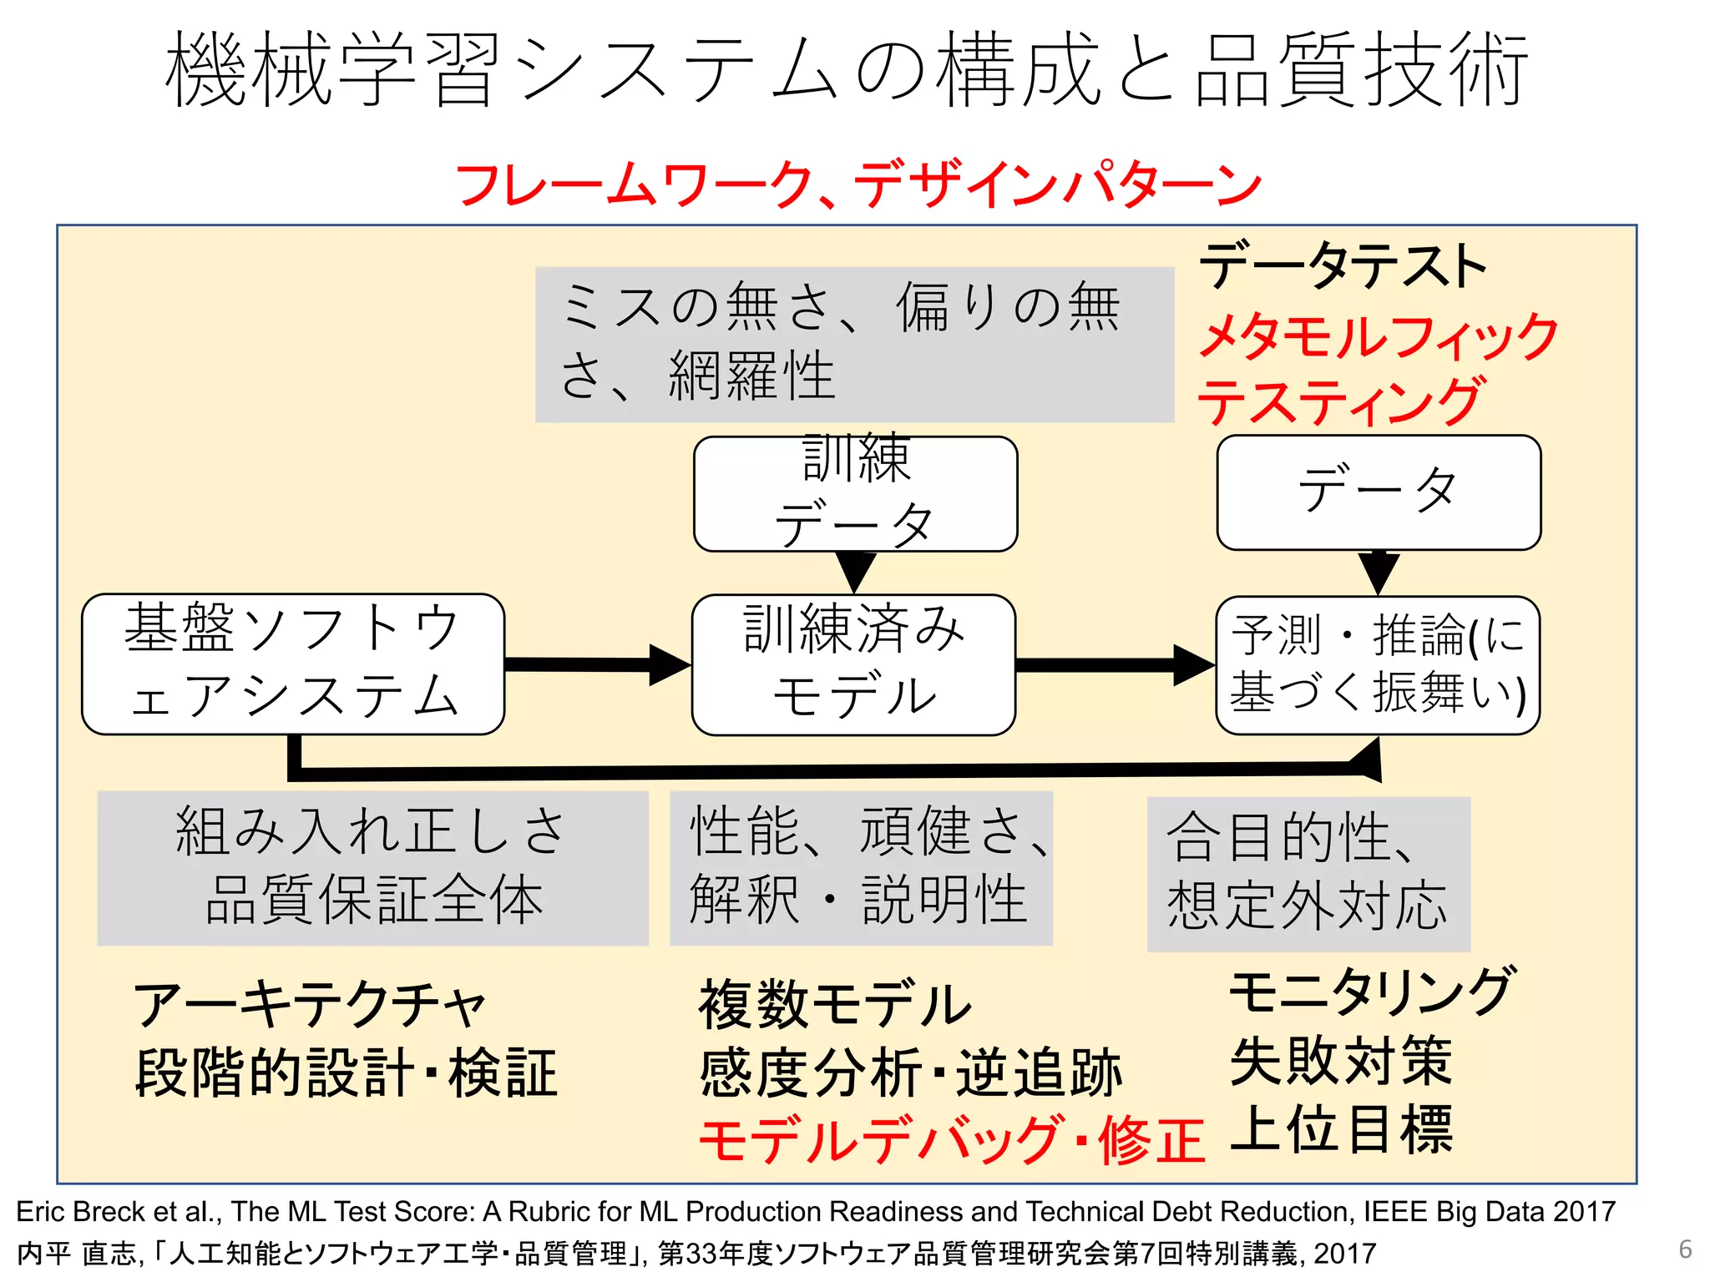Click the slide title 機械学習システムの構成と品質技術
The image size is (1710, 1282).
pyautogui.click(x=847, y=70)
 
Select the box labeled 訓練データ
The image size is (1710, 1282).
pyautogui.click(x=855, y=494)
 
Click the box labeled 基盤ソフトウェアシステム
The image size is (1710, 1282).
pyautogui.click(x=292, y=664)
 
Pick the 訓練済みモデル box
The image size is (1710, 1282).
pyautogui.click(x=853, y=664)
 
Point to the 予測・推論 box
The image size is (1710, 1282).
pyautogui.click(x=1378, y=665)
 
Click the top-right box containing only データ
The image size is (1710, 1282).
pyautogui.click(x=1379, y=492)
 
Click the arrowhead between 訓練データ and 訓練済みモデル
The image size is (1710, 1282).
pyautogui.click(x=856, y=572)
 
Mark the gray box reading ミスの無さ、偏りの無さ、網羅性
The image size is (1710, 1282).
pyautogui.click(x=854, y=344)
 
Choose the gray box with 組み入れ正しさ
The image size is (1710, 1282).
pyautogui.click(x=372, y=868)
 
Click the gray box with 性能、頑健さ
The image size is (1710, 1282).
pyautogui.click(x=861, y=868)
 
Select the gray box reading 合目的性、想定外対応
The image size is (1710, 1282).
pyautogui.click(x=1308, y=873)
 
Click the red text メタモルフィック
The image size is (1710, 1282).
pyautogui.click(x=1378, y=336)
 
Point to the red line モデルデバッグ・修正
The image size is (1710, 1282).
pyautogui.click(x=951, y=1140)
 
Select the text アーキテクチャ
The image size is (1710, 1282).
pyautogui.click(x=309, y=1005)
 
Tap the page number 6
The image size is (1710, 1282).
pyautogui.click(x=1685, y=1249)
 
